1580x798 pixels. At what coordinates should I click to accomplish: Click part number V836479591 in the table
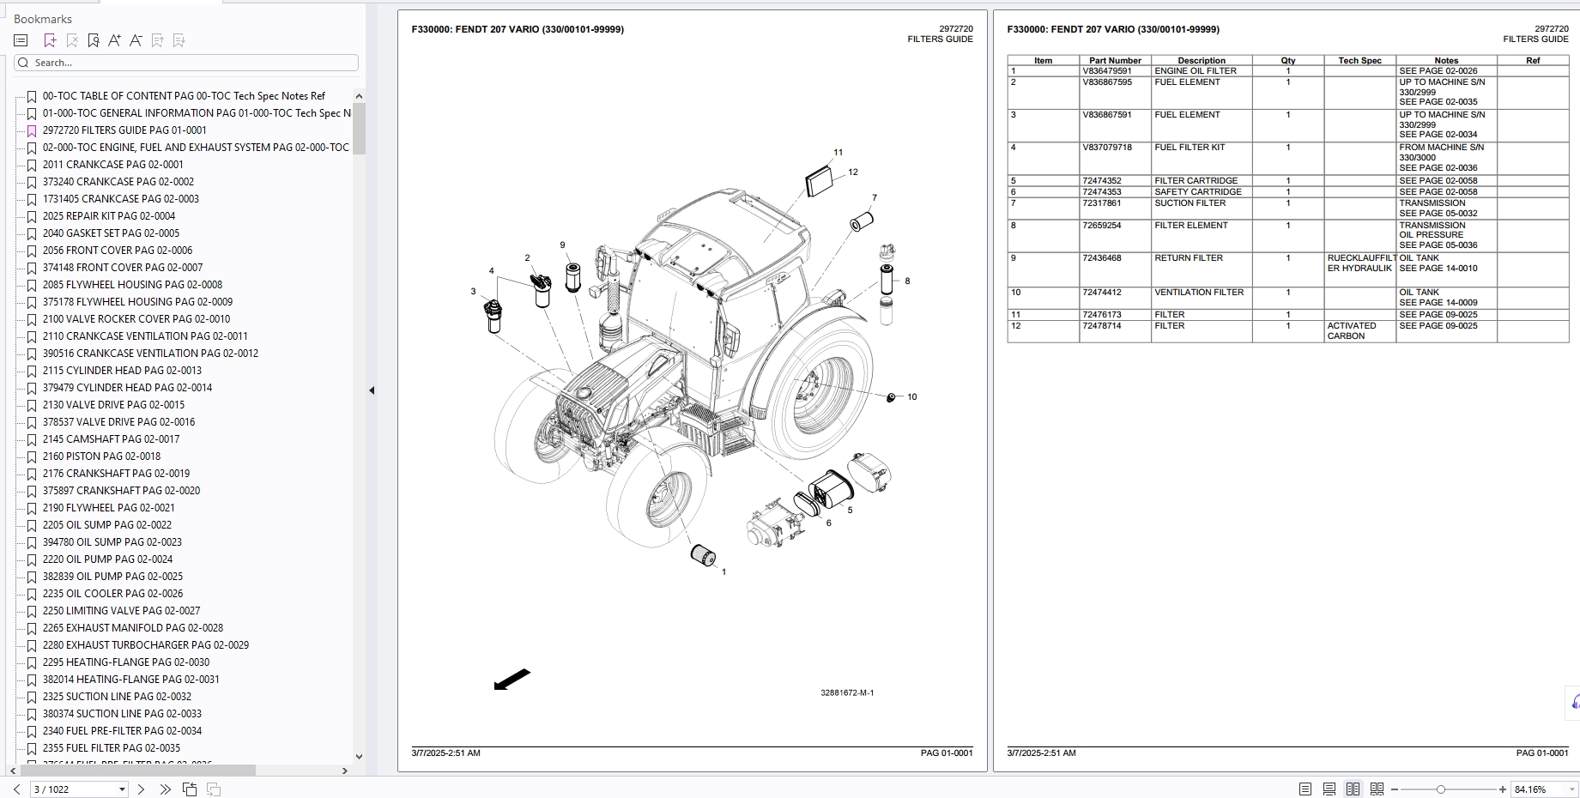(1106, 71)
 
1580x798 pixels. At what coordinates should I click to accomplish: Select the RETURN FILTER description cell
(1189, 258)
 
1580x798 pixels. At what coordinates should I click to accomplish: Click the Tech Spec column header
(1359, 61)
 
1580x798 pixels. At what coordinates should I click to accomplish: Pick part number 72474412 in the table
(1102, 293)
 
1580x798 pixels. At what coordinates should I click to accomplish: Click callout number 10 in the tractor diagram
(911, 397)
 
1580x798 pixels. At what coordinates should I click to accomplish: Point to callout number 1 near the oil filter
(723, 571)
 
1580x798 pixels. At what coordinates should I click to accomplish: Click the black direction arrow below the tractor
(512, 680)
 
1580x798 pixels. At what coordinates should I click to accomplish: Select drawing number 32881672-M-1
(846, 692)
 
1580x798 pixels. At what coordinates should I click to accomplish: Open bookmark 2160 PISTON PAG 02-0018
(101, 456)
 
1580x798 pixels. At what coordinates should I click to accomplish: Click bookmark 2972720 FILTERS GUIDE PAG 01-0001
(124, 130)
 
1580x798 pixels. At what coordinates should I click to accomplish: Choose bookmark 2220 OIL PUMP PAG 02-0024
(107, 559)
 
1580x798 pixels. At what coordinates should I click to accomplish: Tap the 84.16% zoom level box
(1536, 789)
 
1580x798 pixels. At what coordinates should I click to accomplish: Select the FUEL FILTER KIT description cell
(1190, 148)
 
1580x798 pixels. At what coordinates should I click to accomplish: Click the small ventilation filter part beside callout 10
(891, 397)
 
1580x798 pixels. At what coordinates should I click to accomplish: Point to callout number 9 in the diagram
(562, 245)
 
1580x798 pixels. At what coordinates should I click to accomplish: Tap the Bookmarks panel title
(43, 19)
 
